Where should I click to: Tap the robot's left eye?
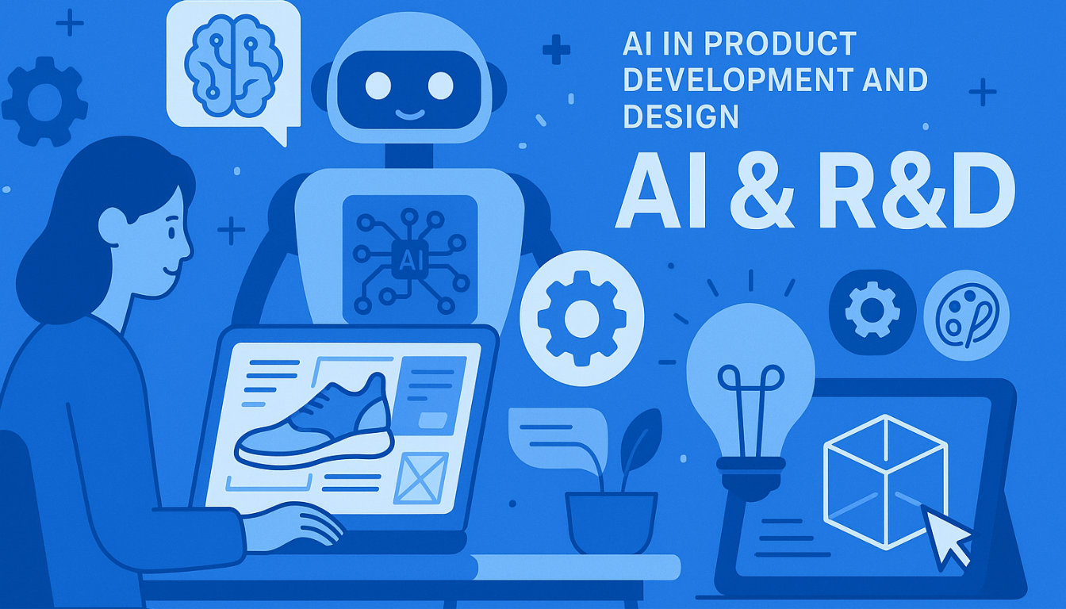[378, 85]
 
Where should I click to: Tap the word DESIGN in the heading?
[681, 117]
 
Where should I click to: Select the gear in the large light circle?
[581, 318]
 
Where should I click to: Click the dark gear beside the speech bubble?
[44, 101]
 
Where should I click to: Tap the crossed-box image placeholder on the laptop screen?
[420, 477]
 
